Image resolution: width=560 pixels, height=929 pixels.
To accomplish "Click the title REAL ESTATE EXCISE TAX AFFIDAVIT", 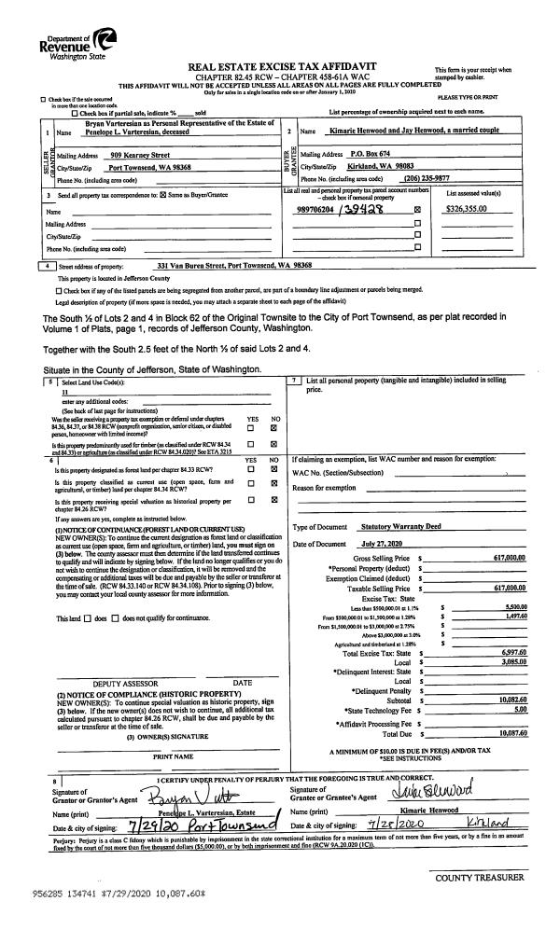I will pos(282,66).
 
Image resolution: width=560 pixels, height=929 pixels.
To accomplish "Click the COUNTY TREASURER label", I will pos(479,878).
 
